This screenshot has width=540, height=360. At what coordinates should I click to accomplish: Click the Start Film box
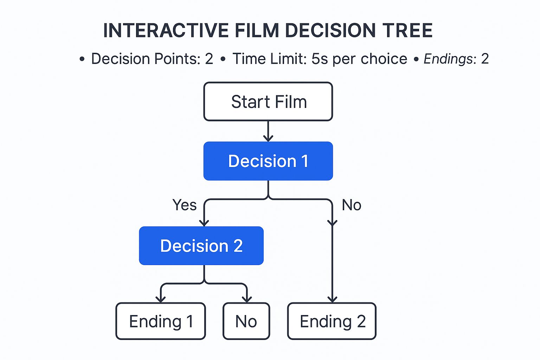pyautogui.click(x=268, y=102)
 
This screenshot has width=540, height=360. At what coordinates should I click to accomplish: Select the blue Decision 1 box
pyautogui.click(x=268, y=161)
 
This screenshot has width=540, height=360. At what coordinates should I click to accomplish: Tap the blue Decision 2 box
pyautogui.click(x=201, y=246)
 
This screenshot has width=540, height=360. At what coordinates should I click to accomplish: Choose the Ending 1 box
pyautogui.click(x=161, y=321)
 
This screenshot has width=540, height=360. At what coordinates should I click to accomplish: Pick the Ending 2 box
pyautogui.click(x=332, y=321)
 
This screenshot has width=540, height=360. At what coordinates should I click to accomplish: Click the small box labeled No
pyautogui.click(x=246, y=321)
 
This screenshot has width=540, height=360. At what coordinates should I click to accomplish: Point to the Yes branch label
pyautogui.click(x=185, y=205)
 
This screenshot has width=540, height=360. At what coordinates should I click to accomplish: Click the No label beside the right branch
pyautogui.click(x=352, y=205)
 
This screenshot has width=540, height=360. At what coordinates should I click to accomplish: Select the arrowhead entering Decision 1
pyautogui.click(x=268, y=138)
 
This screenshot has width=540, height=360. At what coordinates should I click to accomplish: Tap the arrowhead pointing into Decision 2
pyautogui.click(x=204, y=223)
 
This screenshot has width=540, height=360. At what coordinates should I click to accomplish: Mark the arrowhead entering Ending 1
pyautogui.click(x=161, y=299)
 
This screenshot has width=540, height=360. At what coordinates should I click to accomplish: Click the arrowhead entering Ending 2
pyautogui.click(x=332, y=299)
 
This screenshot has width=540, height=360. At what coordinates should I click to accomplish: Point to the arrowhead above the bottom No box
pyautogui.click(x=247, y=299)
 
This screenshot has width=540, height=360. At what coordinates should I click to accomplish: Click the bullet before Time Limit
pyautogui.click(x=223, y=59)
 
